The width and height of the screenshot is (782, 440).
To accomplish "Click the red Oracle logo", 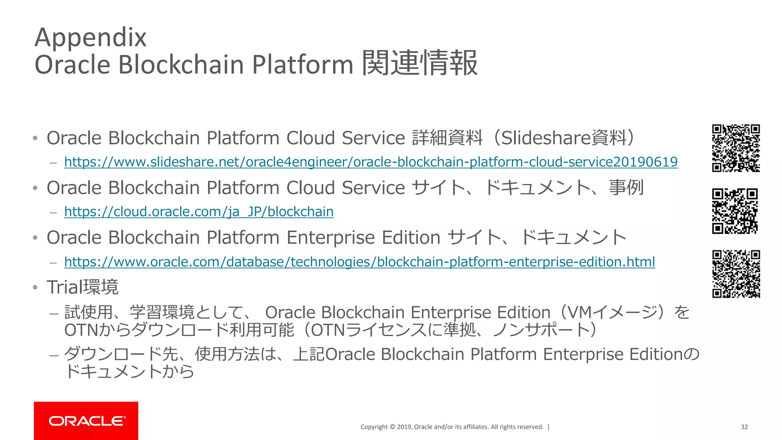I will [x=86, y=421].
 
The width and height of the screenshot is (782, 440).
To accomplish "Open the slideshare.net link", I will [x=371, y=162].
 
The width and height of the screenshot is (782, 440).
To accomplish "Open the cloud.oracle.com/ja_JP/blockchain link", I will [x=199, y=212].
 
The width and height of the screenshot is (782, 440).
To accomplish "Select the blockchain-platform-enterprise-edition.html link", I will [x=359, y=262].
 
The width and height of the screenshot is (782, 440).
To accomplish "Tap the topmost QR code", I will [x=736, y=148].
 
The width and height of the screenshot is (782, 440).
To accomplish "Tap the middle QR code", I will [x=735, y=211].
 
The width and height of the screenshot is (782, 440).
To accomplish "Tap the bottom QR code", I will [x=736, y=274].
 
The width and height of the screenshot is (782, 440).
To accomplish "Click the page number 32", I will [x=744, y=427].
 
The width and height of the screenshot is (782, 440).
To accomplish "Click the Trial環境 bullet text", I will [x=82, y=287].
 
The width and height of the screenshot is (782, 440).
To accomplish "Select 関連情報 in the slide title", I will [x=420, y=63].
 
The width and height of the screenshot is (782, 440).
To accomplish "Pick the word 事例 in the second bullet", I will [x=626, y=188].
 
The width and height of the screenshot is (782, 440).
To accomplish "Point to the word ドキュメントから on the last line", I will [x=129, y=371].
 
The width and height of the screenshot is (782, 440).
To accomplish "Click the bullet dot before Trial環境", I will [x=35, y=288].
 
